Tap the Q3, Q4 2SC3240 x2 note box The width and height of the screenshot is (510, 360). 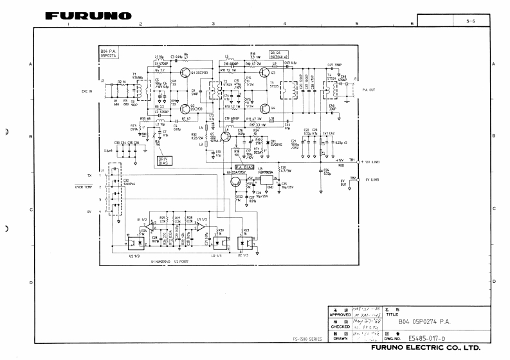pos(278,53)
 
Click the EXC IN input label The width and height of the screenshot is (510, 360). pos(87,91)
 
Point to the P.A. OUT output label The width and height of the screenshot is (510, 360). pos(369,91)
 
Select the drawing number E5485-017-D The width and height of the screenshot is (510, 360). pos(427,336)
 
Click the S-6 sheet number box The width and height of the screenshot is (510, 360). pos(471,22)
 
